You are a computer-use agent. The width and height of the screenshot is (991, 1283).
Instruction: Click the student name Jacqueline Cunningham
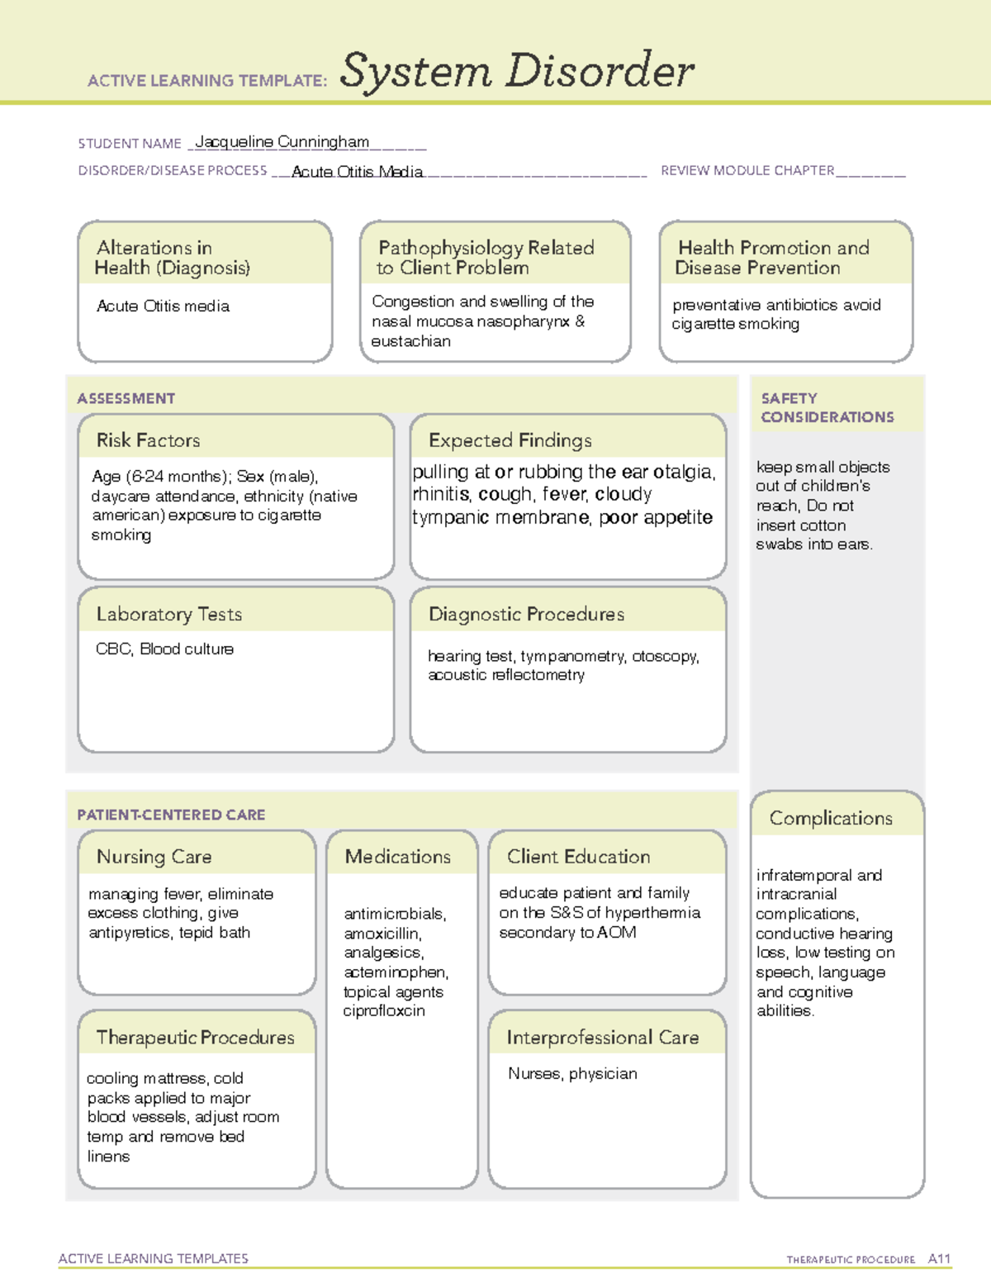(282, 142)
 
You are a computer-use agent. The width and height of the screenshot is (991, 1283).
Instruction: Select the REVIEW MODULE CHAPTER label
(747, 170)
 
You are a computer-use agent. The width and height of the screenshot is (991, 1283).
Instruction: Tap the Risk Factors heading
(148, 440)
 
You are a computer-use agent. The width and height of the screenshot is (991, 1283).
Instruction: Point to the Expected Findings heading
(510, 440)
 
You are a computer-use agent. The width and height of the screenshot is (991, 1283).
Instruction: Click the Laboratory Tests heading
(168, 614)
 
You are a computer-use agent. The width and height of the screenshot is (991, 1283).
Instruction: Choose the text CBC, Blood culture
(164, 649)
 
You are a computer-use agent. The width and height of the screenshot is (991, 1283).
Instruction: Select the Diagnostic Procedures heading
(526, 614)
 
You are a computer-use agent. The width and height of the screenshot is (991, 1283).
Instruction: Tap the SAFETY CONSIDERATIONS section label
(827, 407)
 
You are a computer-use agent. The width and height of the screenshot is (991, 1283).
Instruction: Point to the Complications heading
(831, 818)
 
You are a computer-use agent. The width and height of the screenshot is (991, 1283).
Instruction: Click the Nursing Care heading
(154, 857)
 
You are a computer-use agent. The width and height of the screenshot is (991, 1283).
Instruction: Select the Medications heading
(397, 857)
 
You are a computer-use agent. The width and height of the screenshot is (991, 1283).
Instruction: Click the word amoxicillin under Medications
(382, 934)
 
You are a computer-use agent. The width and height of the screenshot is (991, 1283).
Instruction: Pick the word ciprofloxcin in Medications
(384, 1010)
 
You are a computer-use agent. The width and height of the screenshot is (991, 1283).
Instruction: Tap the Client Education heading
(578, 857)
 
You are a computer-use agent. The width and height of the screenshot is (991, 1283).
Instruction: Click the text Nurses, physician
(572, 1073)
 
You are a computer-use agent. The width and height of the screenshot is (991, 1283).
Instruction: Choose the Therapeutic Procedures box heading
(195, 1037)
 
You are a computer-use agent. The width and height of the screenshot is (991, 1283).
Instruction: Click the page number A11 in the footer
(939, 1258)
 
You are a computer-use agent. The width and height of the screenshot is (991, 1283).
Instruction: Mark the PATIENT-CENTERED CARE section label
(171, 815)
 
